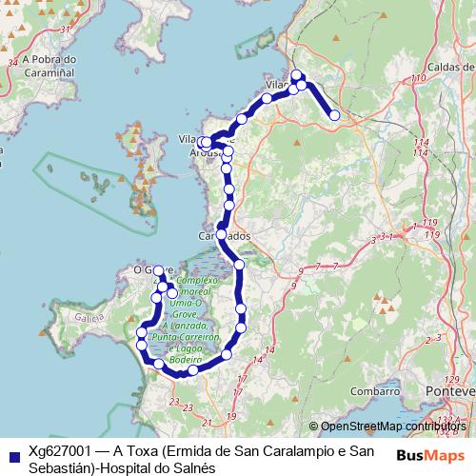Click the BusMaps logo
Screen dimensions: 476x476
430,454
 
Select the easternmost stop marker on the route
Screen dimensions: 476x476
334,116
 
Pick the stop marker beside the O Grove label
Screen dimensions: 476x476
159,271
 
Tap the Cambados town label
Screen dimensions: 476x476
225,234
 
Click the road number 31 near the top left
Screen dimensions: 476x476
66,30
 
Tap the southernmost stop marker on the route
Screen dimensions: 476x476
177,373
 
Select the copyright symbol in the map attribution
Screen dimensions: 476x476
313,426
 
